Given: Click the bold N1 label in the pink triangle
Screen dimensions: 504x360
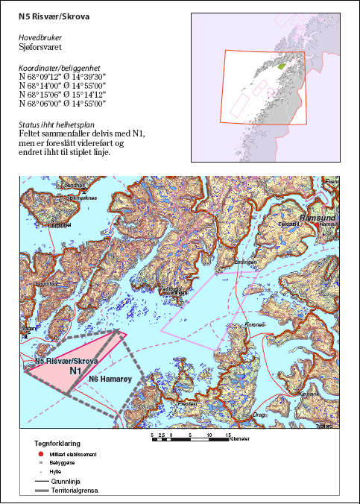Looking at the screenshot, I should click(x=75, y=371).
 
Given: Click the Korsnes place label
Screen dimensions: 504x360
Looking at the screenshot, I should click(x=256, y=326).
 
